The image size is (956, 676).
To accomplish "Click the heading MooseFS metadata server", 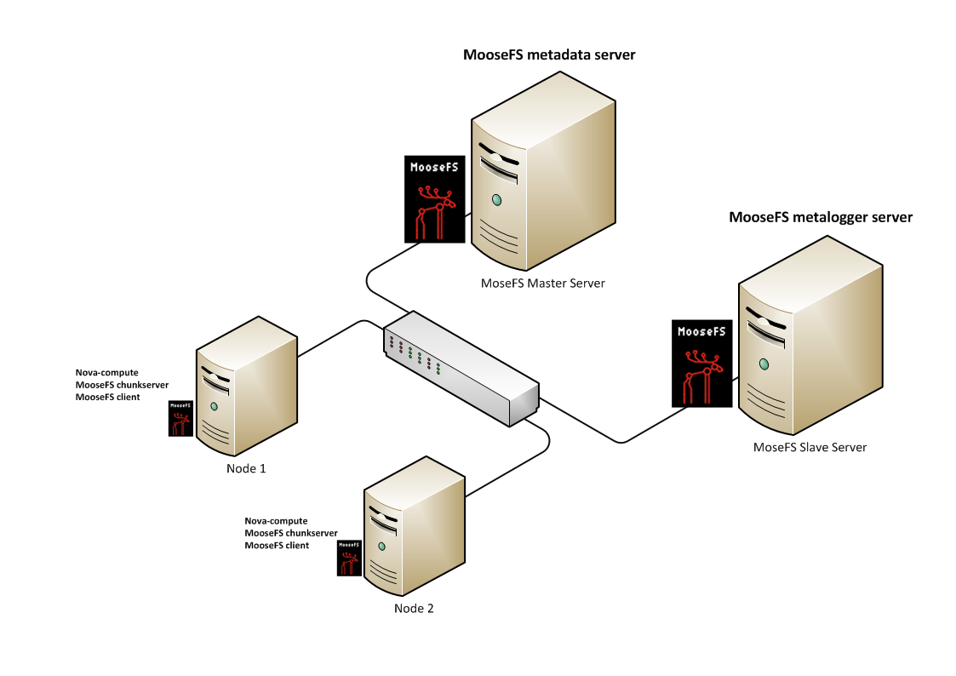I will point(549,55).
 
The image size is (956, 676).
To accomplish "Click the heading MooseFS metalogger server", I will point(821,217).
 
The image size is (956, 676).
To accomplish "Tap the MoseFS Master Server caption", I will point(542,283).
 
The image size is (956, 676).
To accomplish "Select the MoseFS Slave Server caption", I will point(810,446).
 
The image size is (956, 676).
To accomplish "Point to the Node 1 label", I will point(246,468).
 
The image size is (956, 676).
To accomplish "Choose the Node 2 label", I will point(414,608).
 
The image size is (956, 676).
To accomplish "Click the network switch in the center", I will point(461,367).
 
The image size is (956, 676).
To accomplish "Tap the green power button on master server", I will point(495,201).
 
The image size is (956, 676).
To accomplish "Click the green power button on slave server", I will point(764,364).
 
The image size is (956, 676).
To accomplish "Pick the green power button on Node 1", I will point(214,406).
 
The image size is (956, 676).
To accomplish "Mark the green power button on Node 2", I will point(381,546).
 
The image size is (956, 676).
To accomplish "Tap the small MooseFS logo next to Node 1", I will point(180,418).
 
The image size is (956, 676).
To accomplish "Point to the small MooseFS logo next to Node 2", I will point(349,558).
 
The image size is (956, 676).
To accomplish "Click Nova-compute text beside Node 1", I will point(106,372).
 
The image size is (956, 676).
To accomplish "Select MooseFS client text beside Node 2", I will point(277,545).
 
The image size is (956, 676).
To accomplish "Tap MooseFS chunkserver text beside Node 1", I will point(122,385).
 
